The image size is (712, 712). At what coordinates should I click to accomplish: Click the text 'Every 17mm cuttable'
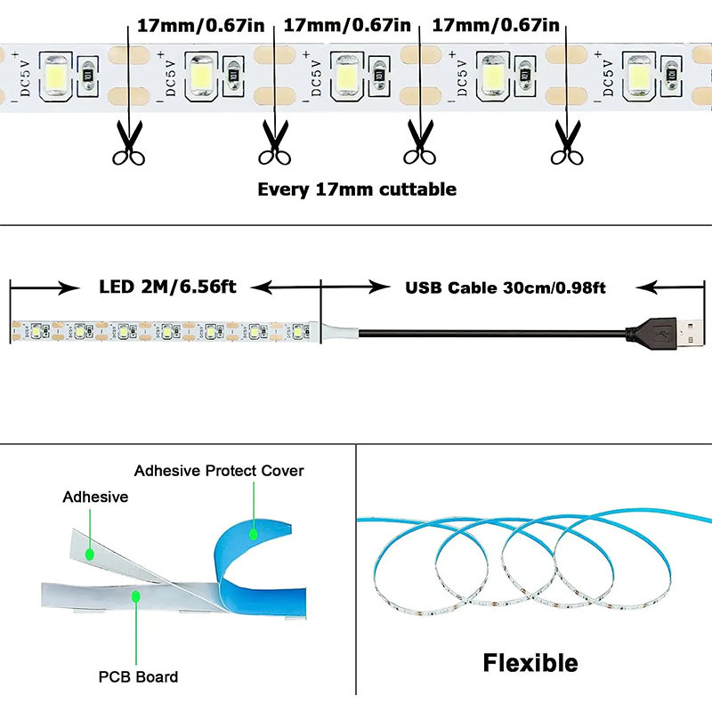(356, 189)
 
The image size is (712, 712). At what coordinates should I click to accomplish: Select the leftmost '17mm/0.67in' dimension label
(199, 25)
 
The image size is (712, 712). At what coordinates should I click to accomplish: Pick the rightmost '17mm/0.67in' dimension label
(495, 25)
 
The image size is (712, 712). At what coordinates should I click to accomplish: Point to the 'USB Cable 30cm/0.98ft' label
(506, 287)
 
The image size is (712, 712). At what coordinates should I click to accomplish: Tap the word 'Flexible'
(530, 663)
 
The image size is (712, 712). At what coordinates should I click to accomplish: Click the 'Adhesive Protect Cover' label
(219, 471)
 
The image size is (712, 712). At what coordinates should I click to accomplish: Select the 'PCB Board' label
(138, 677)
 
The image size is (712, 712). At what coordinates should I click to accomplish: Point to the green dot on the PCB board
(136, 594)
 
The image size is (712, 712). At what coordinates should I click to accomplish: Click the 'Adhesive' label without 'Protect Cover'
(95, 498)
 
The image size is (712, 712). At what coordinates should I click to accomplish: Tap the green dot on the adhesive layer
(89, 553)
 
